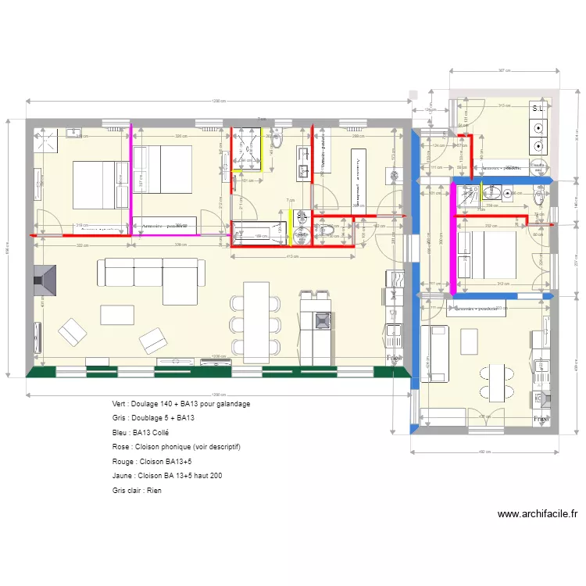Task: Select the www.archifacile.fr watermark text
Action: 538,514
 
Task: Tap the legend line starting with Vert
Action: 181,404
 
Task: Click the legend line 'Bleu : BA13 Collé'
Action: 141,432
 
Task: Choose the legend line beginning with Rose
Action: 176,446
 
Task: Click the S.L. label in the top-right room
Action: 538,109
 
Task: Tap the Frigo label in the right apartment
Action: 540,418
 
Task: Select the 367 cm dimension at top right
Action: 505,70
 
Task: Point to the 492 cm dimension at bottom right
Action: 484,452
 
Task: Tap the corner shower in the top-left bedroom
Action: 47,141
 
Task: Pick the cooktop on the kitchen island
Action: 320,320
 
